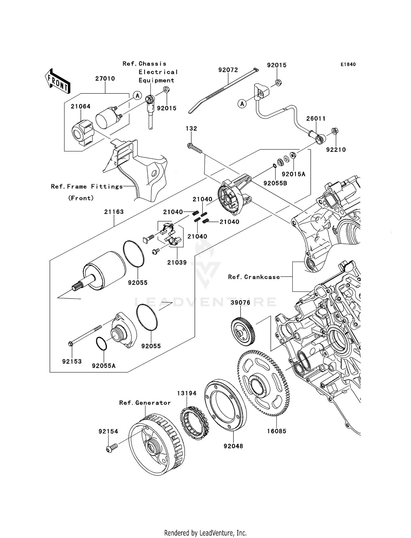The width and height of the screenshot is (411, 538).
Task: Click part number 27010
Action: coord(105,79)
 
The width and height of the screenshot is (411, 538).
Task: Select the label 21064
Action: coord(81,106)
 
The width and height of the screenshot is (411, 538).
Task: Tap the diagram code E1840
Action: coord(348,64)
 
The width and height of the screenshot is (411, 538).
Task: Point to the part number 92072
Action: coord(228,70)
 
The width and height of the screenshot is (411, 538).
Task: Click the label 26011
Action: coord(316,119)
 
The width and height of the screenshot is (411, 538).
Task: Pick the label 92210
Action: coord(336,150)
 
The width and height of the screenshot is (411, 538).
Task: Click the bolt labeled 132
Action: coord(195,148)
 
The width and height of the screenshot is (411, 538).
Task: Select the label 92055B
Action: coord(275,183)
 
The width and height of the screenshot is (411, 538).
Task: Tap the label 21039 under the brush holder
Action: coord(177,262)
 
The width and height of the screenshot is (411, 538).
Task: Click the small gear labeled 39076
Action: coord(243,332)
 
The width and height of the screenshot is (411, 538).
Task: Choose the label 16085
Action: coord(277,431)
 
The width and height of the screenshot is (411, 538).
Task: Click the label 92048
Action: coord(233,446)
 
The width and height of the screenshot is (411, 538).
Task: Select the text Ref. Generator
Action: coord(145,403)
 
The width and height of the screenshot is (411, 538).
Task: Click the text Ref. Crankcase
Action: coord(254,277)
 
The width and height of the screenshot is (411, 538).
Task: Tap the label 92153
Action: coord(72,362)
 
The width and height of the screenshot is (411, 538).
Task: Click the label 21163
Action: coord(114,212)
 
